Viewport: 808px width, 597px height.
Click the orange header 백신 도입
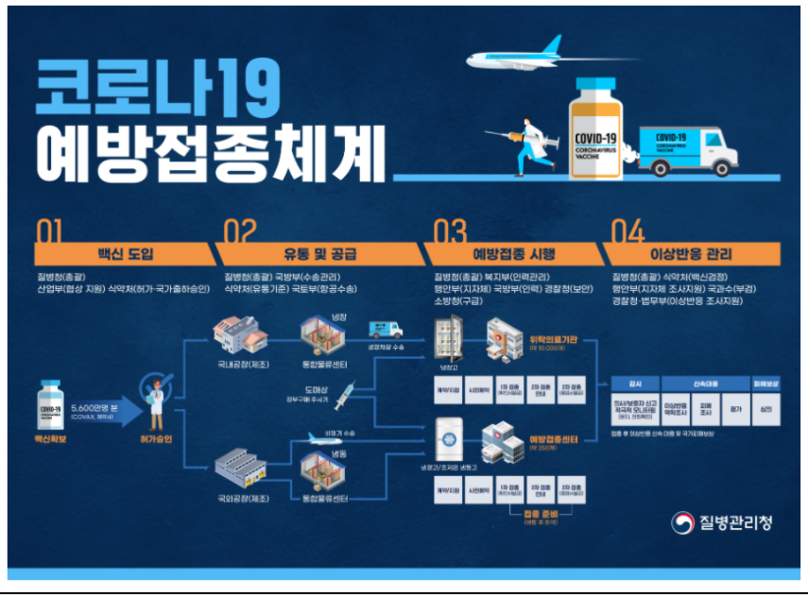(124, 254)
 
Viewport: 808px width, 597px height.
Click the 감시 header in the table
(635, 384)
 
